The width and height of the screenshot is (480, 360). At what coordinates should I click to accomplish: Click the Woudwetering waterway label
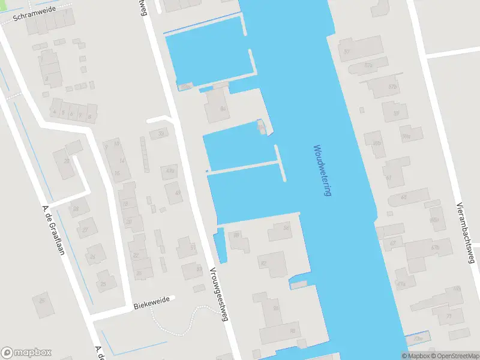click(322, 171)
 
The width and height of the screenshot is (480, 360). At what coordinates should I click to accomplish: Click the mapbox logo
click(26, 353)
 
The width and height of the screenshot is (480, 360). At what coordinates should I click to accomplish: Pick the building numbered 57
click(347, 52)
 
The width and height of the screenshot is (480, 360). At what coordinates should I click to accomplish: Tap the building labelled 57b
click(393, 86)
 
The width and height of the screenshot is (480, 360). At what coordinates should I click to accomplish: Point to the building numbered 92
click(263, 263)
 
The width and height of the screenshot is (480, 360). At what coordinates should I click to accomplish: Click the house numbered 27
click(85, 229)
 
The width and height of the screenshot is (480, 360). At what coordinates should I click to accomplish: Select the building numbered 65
click(404, 197)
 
